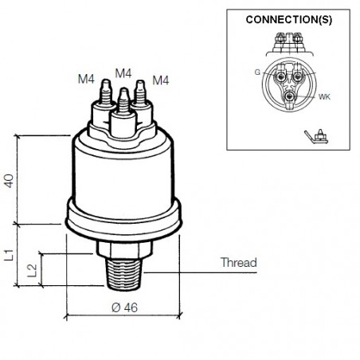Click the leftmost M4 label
pyautogui.click(x=88, y=80)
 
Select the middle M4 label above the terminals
pyautogui.click(x=123, y=73)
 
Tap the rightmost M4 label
pyautogui.click(x=161, y=80)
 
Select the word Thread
pyautogui.click(x=237, y=262)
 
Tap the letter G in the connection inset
pyautogui.click(x=257, y=72)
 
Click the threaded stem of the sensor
pyautogui.click(x=124, y=272)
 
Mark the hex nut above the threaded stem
pyautogui.click(x=124, y=248)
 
